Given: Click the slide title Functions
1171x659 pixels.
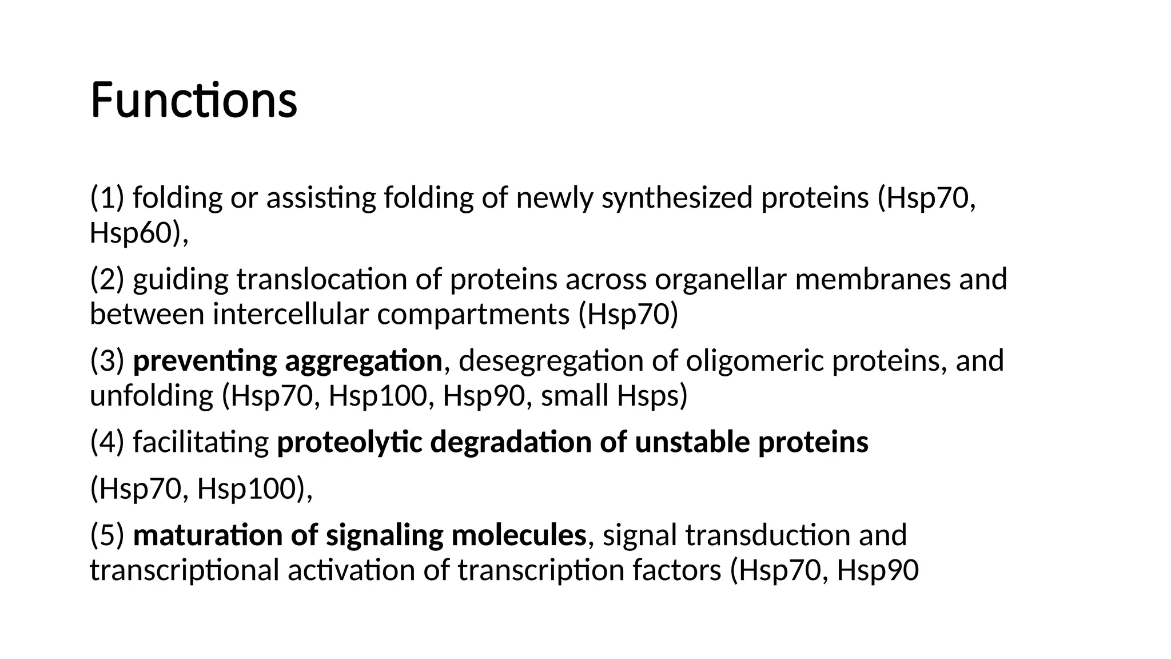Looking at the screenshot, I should pos(193,101).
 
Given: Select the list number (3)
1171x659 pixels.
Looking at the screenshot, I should pos(107,361).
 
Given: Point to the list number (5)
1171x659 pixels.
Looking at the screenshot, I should pos(107,535).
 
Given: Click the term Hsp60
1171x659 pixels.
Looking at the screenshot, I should pos(130,233).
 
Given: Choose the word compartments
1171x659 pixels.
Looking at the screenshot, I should pos(473,315).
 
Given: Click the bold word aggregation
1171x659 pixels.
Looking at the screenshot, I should pos(363,361).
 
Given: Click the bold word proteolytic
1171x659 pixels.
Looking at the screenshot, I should pos(349,442).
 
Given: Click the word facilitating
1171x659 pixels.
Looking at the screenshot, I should pos(201,442).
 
